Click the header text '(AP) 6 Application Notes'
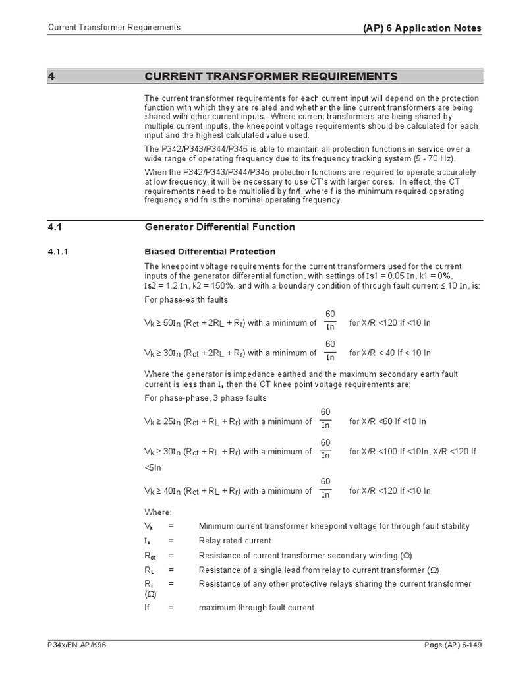[422, 28]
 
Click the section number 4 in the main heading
[51, 76]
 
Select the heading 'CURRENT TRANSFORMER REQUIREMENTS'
[271, 76]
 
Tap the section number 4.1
[55, 227]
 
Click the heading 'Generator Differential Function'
[219, 227]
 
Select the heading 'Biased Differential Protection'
[210, 252]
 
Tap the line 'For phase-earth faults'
[186, 299]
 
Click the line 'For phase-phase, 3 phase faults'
[206, 397]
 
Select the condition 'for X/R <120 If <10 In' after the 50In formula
[389, 323]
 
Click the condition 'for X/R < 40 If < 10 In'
[389, 353]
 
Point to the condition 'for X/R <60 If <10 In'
[387, 421]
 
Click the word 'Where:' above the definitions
[157, 512]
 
